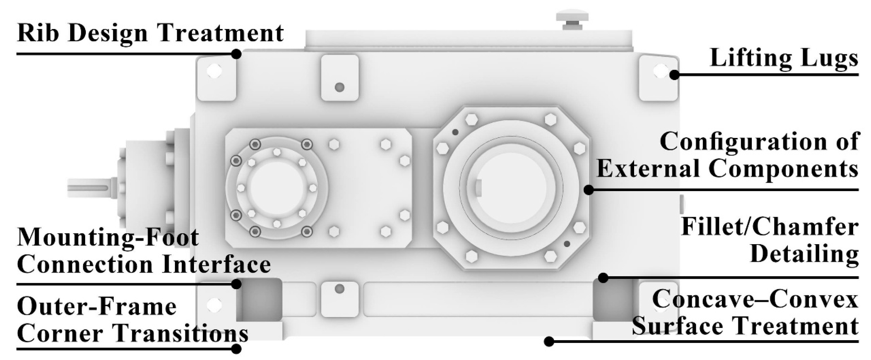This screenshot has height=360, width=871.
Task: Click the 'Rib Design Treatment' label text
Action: click(150, 34)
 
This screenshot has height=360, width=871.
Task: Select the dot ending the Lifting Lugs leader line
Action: click(674, 75)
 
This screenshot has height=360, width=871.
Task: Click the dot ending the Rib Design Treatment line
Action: click(236, 54)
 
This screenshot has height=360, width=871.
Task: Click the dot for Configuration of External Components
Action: click(589, 190)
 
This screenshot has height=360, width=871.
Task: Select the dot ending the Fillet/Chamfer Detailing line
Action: click(603, 278)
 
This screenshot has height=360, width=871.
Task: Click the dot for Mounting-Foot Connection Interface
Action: click(236, 284)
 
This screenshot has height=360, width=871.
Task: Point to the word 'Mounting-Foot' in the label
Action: click(108, 237)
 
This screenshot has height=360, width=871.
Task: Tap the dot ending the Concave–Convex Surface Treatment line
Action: click(549, 342)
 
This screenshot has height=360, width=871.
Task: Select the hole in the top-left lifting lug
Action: click(214, 71)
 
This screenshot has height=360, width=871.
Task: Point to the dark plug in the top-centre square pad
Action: click(339, 87)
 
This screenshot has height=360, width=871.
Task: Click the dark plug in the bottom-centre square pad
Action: click(339, 289)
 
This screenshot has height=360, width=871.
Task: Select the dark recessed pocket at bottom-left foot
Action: click(260, 299)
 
